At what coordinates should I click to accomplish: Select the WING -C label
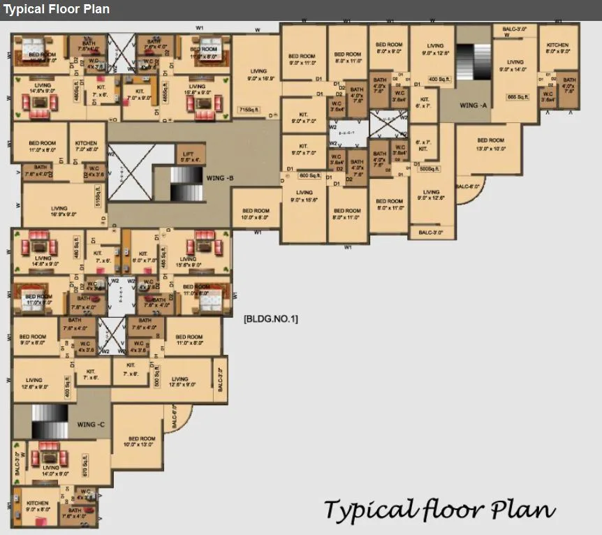click(x=91, y=425)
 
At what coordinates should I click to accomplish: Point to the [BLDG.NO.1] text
click(x=270, y=319)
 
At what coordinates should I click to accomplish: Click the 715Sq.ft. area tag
click(x=249, y=110)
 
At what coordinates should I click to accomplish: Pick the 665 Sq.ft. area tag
click(x=520, y=96)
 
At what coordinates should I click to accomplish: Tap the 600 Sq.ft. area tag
click(x=309, y=175)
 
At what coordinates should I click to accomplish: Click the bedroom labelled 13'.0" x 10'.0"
click(x=490, y=144)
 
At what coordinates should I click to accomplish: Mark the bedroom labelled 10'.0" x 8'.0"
click(x=256, y=214)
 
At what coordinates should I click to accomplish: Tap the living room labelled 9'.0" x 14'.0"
click(x=515, y=66)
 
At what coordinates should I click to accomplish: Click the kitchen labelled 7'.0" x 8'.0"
click(x=87, y=146)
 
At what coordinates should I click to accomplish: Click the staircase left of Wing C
click(x=49, y=422)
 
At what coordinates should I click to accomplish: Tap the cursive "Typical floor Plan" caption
click(x=439, y=510)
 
